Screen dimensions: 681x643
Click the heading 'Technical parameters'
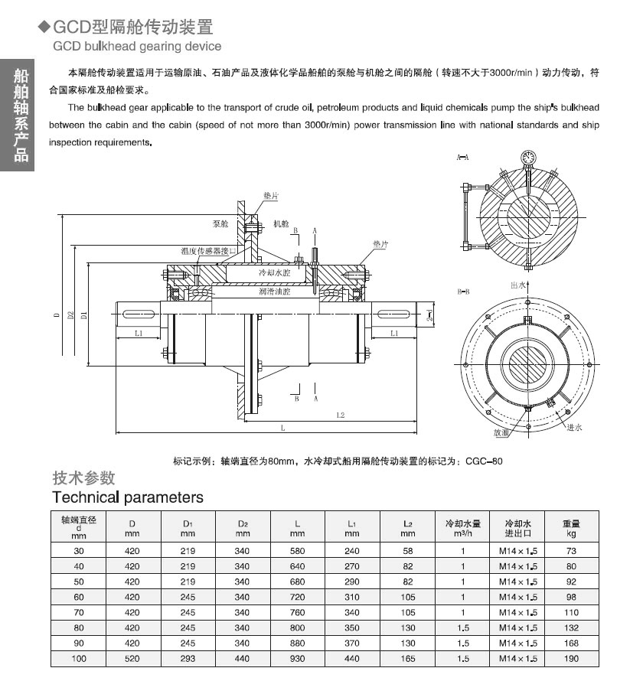coord(128,497)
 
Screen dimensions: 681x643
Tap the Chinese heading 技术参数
coord(83,477)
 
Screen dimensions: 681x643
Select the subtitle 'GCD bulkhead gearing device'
coord(137,46)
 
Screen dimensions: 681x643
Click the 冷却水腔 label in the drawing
coord(276,272)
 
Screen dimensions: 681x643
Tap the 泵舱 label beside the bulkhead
coord(221,225)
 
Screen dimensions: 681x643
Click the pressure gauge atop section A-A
coord(527,157)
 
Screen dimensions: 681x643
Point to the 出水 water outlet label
coord(518,284)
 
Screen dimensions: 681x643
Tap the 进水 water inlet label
coord(573,426)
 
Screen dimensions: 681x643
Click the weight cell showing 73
coord(570,551)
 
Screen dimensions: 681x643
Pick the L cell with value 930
coord(298,658)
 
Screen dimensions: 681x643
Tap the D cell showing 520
coord(132,658)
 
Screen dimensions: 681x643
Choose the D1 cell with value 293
coord(188,658)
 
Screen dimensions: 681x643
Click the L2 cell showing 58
coord(408,551)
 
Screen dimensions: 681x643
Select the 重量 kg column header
coord(570,528)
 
